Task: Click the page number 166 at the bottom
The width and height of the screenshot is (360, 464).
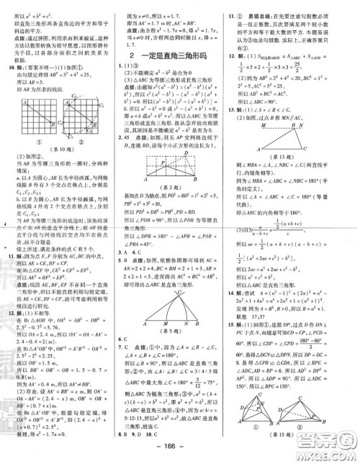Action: (180, 455)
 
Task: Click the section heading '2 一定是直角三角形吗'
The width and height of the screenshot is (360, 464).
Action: (174, 55)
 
